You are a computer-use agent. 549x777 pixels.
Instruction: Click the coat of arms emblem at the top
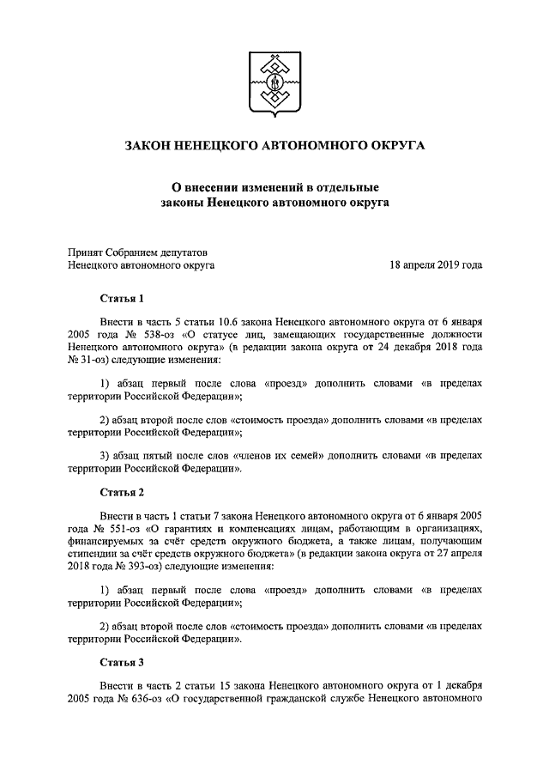[x=274, y=83]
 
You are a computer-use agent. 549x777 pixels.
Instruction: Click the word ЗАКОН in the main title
[x=151, y=146]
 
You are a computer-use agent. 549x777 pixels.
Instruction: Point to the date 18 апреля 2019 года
[x=436, y=265]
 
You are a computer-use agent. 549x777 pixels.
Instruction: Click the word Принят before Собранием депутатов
[x=86, y=252]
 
